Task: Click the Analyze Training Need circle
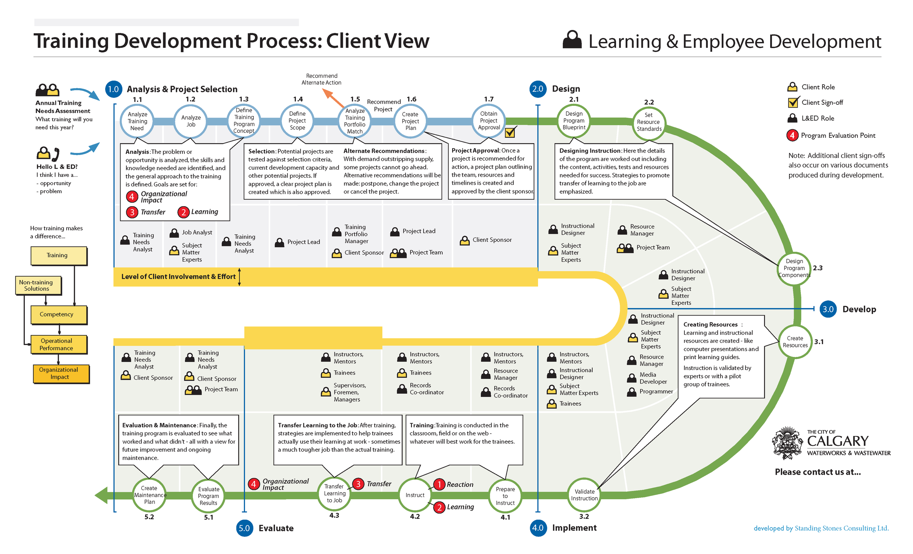coord(137,121)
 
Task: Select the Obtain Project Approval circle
coord(489,121)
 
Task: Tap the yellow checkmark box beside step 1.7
coord(510,132)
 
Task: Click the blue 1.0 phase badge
coord(113,89)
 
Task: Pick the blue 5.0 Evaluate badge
coord(244,528)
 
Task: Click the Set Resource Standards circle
coord(649,123)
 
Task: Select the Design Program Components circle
coord(794,269)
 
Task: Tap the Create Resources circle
coord(794,342)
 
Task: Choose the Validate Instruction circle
coord(584,495)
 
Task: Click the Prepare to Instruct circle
coord(505,496)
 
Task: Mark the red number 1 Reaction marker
coord(439,484)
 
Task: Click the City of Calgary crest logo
coord(787,443)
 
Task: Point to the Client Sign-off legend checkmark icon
coord(793,103)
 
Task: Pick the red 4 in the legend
coord(792,135)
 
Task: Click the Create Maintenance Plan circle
coord(149,495)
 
